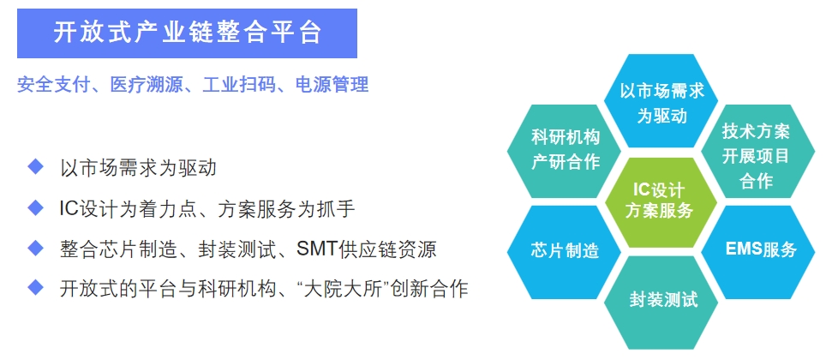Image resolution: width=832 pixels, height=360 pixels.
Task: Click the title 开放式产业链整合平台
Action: pos(187,33)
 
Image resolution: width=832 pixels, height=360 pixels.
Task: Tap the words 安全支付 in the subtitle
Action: pos(53,85)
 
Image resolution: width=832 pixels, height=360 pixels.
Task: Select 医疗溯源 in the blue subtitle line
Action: pos(146,85)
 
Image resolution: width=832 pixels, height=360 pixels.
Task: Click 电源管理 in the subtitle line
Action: pos(332,85)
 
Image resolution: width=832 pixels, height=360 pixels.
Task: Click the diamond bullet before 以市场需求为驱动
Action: pos(35,167)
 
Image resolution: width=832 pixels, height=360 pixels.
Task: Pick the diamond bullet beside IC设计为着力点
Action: pos(35,207)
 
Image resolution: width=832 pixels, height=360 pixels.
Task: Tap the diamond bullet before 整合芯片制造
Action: pos(35,248)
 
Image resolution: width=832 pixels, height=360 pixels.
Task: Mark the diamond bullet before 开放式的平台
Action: pos(35,288)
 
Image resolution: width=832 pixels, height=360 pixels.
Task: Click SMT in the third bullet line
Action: pos(316,249)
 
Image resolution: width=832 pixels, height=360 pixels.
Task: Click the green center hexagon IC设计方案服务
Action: pos(661,201)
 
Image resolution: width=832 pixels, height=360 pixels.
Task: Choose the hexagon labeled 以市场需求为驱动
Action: pos(661,100)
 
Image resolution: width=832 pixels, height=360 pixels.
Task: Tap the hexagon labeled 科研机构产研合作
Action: pos(564,151)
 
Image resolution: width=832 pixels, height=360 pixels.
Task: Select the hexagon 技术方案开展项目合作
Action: pos(757,151)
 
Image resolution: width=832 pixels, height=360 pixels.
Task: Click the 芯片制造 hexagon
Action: pos(564,252)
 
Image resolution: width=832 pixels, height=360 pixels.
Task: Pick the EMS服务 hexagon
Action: pos(757,252)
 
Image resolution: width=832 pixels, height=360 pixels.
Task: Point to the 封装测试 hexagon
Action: pos(661,302)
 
